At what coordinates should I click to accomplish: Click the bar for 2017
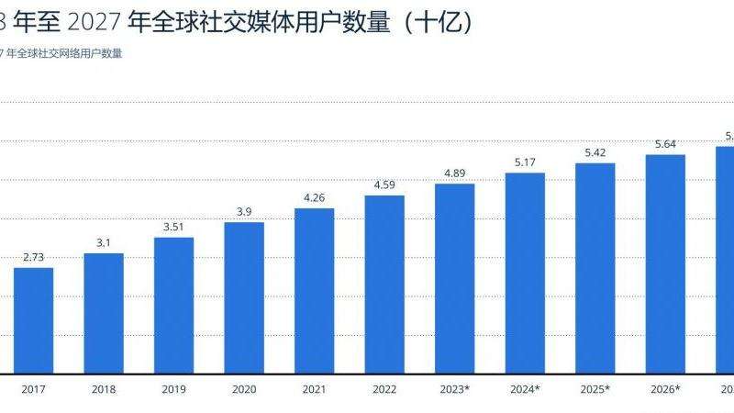pos(33,320)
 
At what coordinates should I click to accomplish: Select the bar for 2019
pos(173,306)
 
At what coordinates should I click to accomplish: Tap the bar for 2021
pos(314,291)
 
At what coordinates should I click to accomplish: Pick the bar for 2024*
pos(525,273)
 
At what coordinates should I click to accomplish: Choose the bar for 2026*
pos(665,264)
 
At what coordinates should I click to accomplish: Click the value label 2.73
pos(33,257)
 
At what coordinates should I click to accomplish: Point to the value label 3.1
pos(104,242)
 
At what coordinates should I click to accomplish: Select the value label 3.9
pos(244,212)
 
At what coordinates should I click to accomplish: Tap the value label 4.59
pos(384,185)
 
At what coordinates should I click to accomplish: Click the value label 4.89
pos(455,173)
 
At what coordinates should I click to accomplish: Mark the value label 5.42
pos(595,152)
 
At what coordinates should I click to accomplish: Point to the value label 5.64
pos(665,144)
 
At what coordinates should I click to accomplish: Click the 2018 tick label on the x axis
pos(104,390)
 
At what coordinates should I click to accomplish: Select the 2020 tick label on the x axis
pos(244,390)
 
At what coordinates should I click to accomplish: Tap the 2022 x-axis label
pos(384,390)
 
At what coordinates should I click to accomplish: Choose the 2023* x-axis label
pos(455,390)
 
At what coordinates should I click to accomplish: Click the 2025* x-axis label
pos(595,390)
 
